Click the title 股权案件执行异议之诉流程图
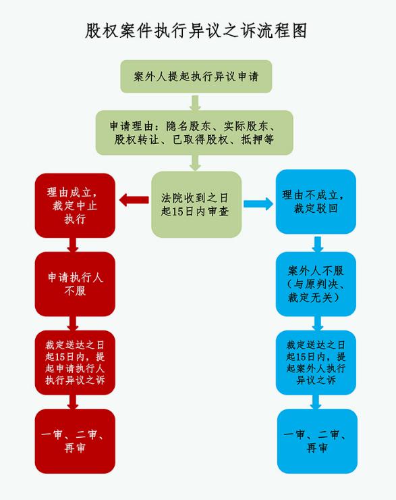[x=196, y=31]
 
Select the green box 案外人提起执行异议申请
[x=196, y=76]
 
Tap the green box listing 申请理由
[x=194, y=132]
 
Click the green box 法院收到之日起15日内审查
[x=196, y=205]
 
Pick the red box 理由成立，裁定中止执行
[x=75, y=205]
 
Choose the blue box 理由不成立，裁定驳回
[x=316, y=201]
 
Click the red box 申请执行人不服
[x=75, y=284]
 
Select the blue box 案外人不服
[x=316, y=284]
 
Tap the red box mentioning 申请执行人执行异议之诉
[x=75, y=363]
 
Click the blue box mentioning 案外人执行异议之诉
[x=316, y=363]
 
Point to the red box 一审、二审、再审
[x=75, y=441]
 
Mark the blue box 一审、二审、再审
[x=317, y=441]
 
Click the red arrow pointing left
[x=134, y=200]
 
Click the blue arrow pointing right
[x=258, y=204]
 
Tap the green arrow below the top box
[x=195, y=103]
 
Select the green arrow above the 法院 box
[x=195, y=163]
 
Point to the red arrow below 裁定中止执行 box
[x=73, y=245]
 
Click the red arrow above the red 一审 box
[x=73, y=402]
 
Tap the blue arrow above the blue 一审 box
[x=316, y=402]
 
